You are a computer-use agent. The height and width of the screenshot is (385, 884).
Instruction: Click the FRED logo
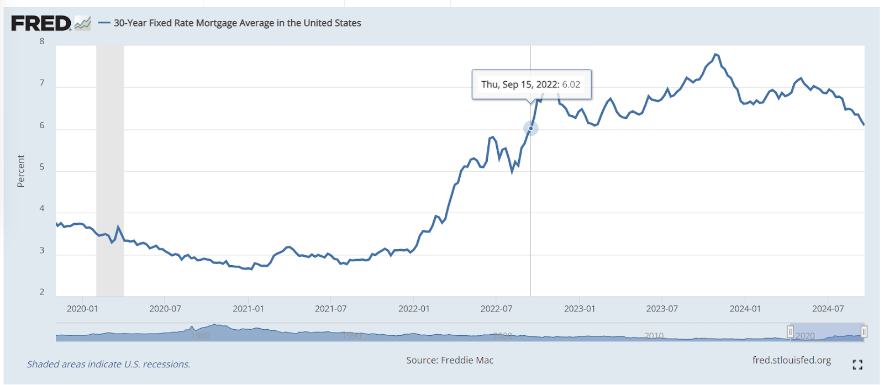(x=41, y=23)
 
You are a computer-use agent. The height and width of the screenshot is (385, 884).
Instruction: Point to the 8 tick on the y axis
(x=42, y=41)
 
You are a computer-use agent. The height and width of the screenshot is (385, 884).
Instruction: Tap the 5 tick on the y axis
(x=42, y=167)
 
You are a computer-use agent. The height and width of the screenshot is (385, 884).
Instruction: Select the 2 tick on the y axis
(x=42, y=292)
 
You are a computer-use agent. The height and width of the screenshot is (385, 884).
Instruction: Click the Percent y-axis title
(x=21, y=171)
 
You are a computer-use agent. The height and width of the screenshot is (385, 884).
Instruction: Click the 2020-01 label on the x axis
(x=82, y=309)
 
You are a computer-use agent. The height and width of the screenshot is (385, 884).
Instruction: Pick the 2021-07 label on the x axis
(x=330, y=309)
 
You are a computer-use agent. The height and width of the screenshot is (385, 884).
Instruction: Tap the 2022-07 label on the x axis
(x=496, y=309)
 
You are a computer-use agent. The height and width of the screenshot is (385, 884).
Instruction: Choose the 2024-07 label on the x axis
(x=828, y=309)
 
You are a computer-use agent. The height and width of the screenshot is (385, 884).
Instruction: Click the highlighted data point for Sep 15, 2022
(x=531, y=128)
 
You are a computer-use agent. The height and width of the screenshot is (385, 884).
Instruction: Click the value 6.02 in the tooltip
(x=571, y=85)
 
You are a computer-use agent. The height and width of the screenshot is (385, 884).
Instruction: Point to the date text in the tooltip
(x=519, y=85)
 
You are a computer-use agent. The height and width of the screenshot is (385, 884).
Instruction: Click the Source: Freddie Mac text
(x=450, y=360)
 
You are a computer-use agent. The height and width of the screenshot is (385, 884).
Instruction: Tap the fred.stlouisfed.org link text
(x=791, y=360)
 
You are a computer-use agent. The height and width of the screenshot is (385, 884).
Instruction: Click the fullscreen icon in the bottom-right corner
(x=857, y=365)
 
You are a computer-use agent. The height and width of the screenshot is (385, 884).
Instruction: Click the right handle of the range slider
(x=864, y=332)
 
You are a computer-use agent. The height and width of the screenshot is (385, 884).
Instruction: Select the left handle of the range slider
(x=790, y=332)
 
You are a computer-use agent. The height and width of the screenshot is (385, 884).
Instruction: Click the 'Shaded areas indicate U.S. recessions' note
(x=109, y=365)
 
